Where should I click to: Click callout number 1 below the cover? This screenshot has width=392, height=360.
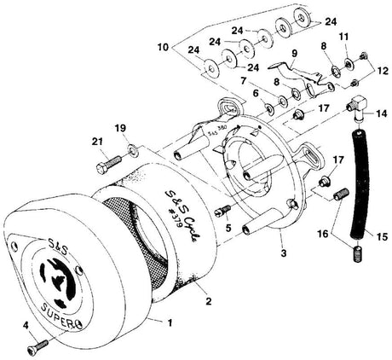pyautogui.click(x=169, y=325)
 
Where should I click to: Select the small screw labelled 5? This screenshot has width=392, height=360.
pyautogui.click(x=224, y=209)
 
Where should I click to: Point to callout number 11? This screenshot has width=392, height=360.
pyautogui.click(x=344, y=37)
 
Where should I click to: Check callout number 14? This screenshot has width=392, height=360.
pyautogui.click(x=381, y=113)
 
